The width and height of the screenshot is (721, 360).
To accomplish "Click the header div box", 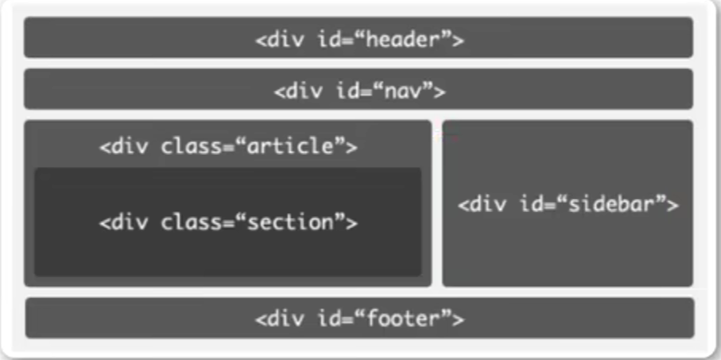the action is point(359,37).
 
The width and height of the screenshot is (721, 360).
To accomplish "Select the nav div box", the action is point(359,89).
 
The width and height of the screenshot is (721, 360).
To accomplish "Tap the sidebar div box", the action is point(568,203).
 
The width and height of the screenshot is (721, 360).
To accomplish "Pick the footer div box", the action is point(359,318).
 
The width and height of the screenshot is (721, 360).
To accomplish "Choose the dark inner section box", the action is point(227,222).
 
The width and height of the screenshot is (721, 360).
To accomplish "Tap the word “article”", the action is point(289,147).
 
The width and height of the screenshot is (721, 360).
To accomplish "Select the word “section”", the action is point(289,223).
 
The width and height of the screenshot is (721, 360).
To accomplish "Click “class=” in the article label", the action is point(198,147).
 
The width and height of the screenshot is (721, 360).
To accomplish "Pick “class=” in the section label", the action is point(198,223).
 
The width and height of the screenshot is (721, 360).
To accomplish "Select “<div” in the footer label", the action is point(279,319).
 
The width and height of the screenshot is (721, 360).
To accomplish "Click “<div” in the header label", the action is point(279,40).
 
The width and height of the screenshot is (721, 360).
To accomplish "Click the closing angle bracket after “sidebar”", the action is point(673,205).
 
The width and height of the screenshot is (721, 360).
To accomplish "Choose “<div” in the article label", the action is point(124,147).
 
